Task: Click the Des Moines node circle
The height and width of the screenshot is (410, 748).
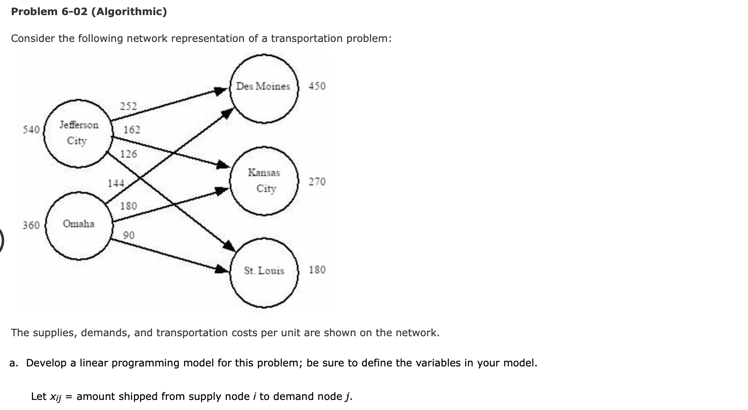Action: pyautogui.click(x=264, y=88)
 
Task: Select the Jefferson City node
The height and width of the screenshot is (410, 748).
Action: pyautogui.click(x=78, y=133)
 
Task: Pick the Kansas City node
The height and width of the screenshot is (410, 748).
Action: pyautogui.click(x=264, y=181)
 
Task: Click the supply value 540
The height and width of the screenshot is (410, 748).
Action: pyautogui.click(x=31, y=130)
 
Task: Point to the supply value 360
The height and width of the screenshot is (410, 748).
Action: pyautogui.click(x=31, y=226)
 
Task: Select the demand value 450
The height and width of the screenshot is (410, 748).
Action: pyautogui.click(x=317, y=86)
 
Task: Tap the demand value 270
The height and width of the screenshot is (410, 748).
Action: pyautogui.click(x=317, y=182)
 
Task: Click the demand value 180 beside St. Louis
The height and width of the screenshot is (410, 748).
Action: pyautogui.click(x=317, y=270)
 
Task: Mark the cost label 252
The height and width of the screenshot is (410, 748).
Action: pyautogui.click(x=128, y=106)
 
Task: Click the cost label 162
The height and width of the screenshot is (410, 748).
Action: pyautogui.click(x=132, y=130)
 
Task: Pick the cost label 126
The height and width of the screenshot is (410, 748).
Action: pyautogui.click(x=128, y=154)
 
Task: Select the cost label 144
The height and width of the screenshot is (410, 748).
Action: pyautogui.click(x=116, y=184)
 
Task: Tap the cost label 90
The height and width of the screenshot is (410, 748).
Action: pyautogui.click(x=129, y=236)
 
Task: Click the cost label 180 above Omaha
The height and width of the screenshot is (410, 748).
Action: pyautogui.click(x=128, y=206)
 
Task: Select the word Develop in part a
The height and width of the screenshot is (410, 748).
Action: pyautogui.click(x=46, y=363)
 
